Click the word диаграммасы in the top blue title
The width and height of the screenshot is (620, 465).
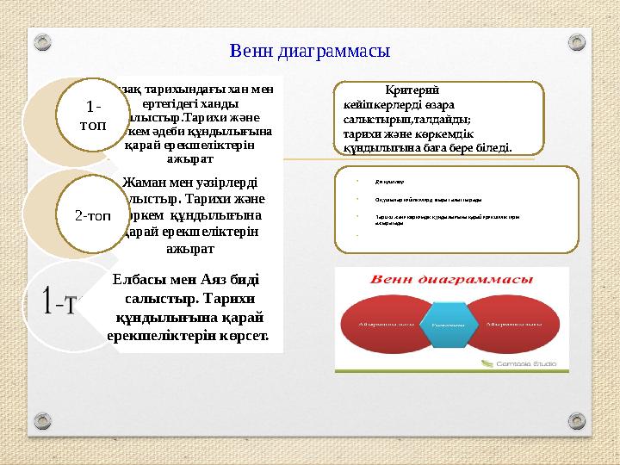pos(337,51)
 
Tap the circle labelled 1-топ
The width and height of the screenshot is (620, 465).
pos(94,115)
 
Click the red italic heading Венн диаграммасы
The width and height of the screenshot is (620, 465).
pos(450,279)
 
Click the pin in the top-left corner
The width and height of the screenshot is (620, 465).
pos(48,40)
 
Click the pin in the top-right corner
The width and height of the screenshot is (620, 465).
pos(573,40)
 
